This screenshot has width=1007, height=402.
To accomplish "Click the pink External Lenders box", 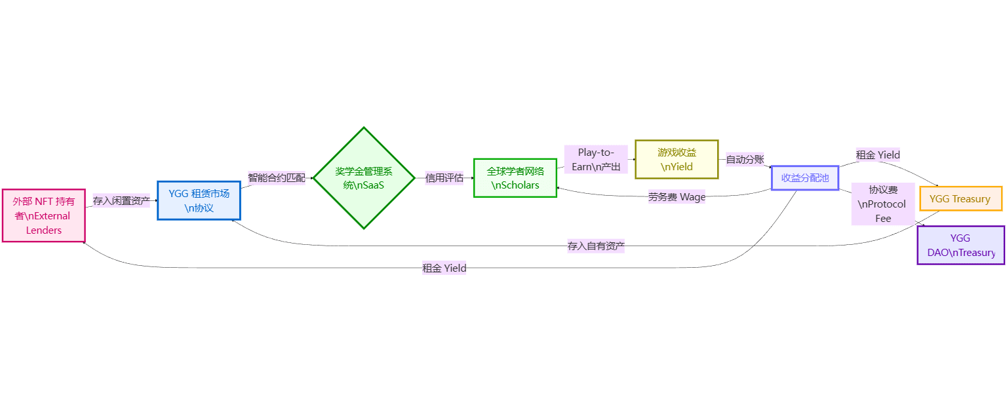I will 43,215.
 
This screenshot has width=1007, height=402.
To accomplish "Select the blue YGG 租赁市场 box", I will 199,200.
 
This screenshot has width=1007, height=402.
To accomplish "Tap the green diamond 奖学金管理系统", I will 364,178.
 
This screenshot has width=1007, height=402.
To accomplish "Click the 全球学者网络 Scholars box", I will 515,178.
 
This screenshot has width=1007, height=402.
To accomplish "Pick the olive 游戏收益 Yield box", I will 677,159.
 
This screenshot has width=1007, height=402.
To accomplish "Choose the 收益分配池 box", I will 805,178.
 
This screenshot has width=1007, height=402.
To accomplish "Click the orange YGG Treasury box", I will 960,199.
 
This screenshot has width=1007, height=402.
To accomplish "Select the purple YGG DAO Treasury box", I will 960,245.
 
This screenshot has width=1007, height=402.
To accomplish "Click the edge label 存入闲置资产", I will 121,201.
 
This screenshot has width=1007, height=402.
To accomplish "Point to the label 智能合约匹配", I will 276,178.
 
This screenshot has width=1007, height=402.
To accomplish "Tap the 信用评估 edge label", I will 444,177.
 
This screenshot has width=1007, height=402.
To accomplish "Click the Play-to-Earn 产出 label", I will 596,159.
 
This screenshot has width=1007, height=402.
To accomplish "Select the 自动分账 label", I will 745,159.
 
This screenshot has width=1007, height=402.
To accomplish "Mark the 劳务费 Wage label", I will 677,196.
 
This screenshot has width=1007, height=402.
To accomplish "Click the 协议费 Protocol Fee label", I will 882,204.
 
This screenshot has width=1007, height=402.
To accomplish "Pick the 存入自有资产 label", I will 596,246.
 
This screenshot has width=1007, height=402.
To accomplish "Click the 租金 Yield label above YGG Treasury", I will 877,155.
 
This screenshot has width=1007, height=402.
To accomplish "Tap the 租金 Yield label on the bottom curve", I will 444,268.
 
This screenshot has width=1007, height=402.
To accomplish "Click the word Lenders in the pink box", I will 44,230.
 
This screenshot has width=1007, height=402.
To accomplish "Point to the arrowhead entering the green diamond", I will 311,178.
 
